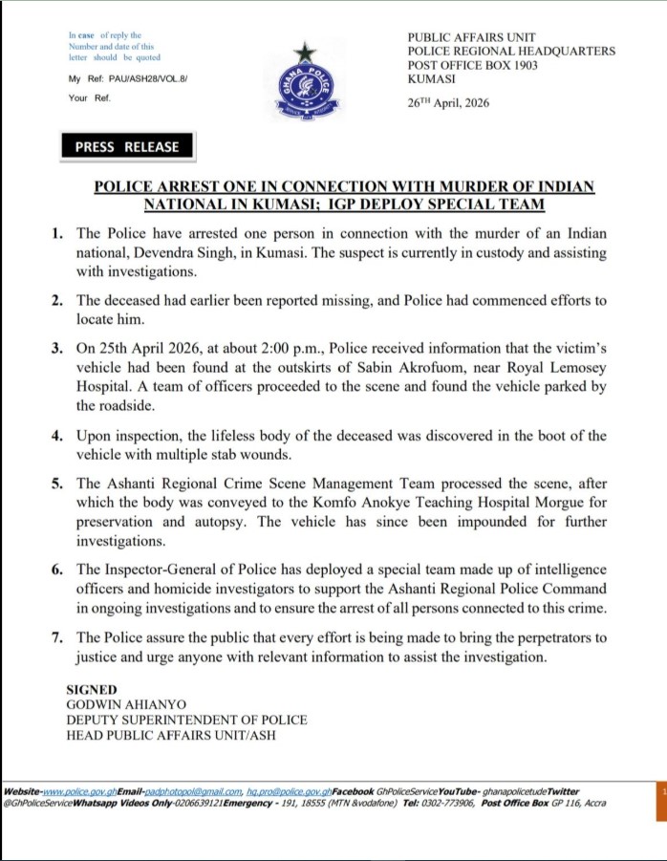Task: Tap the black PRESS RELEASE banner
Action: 127,146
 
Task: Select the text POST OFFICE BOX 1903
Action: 473,65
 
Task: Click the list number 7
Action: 58,637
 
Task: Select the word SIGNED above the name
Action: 92,689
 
